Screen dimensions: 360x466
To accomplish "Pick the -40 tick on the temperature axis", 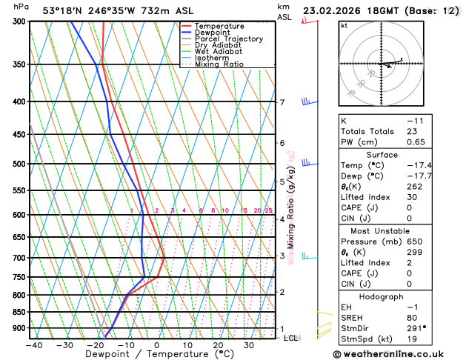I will pos(34,345).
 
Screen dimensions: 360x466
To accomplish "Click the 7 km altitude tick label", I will pos(282,102).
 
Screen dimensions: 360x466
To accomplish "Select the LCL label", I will pos(292,338).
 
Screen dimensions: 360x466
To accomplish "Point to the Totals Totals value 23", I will pos(410,131).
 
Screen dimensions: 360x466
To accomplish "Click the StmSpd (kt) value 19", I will pos(410,339).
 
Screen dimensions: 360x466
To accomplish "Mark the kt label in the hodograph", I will pos(344,26).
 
